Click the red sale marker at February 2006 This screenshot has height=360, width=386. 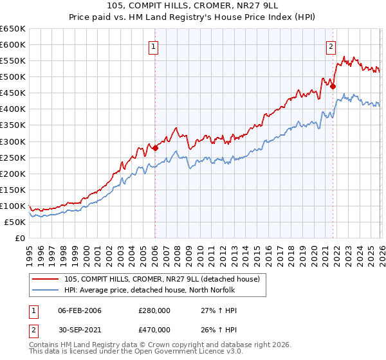pyautogui.click(x=155, y=148)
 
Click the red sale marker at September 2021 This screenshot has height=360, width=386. pyautogui.click(x=333, y=87)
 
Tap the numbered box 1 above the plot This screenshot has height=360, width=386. pyautogui.click(x=154, y=46)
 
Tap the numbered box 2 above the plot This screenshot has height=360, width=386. pyautogui.click(x=331, y=46)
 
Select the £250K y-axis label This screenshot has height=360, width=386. pyautogui.click(x=13, y=157)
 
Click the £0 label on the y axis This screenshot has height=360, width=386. pyautogui.click(x=19, y=239)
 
